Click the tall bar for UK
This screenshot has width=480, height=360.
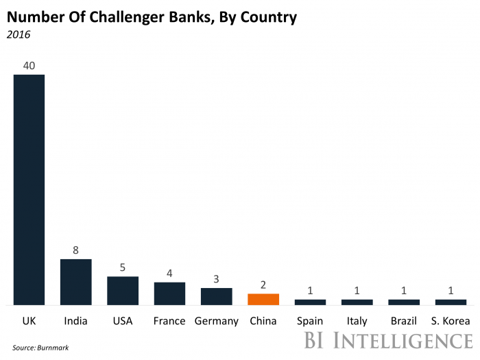[29, 189]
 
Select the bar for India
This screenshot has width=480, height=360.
[75, 282]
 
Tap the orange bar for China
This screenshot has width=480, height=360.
[263, 299]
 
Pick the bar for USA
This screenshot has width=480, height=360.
[123, 291]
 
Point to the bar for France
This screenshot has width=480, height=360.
[169, 293]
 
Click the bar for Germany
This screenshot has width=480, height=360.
[216, 296]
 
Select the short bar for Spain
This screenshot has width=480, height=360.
[310, 302]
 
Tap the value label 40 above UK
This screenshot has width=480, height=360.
[29, 66]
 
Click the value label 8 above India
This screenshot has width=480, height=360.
[75, 251]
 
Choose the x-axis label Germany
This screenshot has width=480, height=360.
[216, 321]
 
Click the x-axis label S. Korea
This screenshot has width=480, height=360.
[451, 321]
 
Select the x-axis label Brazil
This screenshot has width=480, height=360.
[404, 321]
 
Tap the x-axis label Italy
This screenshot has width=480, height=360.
[357, 321]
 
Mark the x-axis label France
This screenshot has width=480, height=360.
[169, 321]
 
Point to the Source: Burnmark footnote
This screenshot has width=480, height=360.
[40, 348]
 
